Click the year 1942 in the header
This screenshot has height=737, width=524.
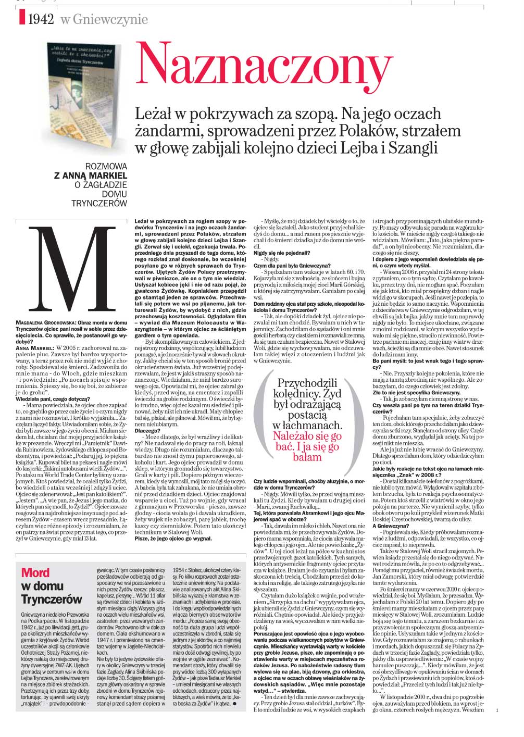pos(41,20)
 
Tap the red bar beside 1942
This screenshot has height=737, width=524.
pos(22,19)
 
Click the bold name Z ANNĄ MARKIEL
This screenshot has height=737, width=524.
pos(91,176)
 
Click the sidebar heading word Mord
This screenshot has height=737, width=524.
pos(35,573)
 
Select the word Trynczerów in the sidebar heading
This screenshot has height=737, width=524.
pos(52,599)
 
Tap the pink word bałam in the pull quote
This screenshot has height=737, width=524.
pos(307,457)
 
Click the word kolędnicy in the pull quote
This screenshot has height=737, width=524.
pos(298,394)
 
